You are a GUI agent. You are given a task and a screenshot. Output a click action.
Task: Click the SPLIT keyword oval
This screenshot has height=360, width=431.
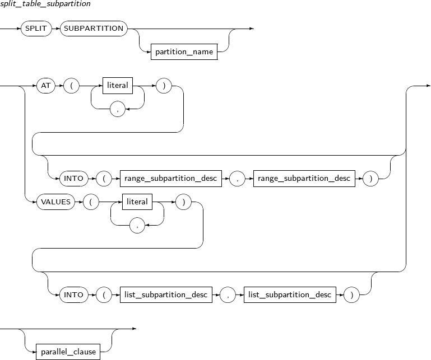[36, 29]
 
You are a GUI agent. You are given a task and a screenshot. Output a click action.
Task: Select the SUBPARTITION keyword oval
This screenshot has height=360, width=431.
[94, 29]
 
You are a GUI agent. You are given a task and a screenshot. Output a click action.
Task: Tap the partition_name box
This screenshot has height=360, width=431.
[184, 52]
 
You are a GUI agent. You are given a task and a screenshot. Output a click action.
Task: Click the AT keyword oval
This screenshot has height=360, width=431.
[45, 86]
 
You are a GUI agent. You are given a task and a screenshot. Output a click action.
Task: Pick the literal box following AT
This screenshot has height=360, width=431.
[118, 86]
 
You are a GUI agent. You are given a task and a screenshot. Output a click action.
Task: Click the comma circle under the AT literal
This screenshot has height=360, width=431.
[118, 109]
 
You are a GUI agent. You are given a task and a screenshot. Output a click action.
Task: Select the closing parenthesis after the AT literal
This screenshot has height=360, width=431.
[164, 86]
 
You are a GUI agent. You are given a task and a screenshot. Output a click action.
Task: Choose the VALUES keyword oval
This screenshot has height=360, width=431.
[56, 202]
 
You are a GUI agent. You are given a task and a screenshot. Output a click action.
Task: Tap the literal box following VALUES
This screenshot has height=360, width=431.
[137, 202]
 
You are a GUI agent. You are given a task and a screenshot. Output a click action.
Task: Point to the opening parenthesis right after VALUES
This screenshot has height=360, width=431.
[91, 202]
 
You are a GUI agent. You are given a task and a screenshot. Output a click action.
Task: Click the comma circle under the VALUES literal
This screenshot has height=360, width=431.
[137, 226]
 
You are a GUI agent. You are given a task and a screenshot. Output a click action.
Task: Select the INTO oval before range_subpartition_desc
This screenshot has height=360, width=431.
[73, 179]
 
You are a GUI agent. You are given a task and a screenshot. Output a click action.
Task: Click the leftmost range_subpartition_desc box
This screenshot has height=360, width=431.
[171, 179]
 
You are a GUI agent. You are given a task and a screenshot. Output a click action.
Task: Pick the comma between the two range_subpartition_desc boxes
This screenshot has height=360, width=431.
[237, 179]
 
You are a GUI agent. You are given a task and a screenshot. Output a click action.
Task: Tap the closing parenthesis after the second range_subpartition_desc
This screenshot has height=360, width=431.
[370, 179]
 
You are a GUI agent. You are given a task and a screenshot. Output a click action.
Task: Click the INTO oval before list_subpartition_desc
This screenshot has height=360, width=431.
[73, 294]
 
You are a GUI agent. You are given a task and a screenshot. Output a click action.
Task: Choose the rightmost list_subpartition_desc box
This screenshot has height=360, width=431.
[290, 294]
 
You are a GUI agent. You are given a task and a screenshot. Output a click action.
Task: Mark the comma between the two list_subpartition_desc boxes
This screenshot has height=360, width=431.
[228, 294]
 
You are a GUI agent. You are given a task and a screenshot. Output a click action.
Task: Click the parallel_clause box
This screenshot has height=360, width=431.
[68, 352]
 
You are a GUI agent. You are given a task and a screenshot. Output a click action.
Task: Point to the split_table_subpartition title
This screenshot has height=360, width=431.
[45, 4]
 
